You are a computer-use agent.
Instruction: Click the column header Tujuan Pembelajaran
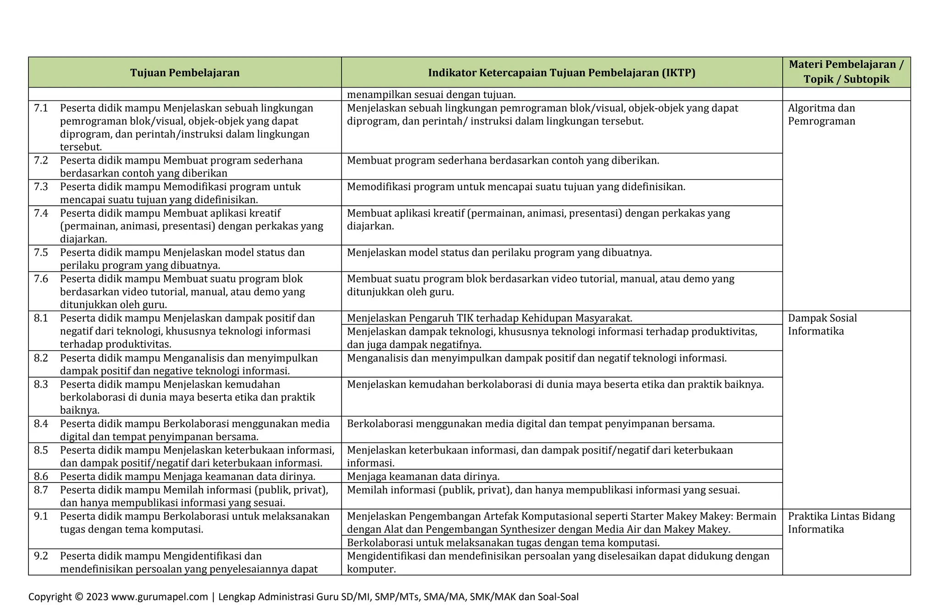(185, 73)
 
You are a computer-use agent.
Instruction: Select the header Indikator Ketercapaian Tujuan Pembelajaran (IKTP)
(562, 73)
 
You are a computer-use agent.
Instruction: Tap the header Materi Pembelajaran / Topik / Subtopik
(846, 72)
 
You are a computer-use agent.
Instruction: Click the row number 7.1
(41, 108)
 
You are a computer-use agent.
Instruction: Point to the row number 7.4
(41, 213)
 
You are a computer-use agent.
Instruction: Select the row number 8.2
(41, 358)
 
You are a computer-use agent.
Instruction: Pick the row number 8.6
(41, 476)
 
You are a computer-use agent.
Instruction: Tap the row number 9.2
(41, 556)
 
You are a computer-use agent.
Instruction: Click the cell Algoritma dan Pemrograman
(821, 115)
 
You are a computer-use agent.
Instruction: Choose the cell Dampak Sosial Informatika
(822, 324)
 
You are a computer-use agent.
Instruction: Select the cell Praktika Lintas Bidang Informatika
(841, 523)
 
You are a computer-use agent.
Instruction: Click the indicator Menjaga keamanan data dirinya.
(423, 476)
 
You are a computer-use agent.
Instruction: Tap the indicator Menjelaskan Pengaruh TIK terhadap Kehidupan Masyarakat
(489, 318)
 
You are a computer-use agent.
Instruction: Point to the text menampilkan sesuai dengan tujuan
(431, 95)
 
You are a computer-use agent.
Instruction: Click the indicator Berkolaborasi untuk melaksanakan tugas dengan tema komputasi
(503, 543)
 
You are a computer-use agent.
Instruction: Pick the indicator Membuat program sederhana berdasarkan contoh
(503, 160)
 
